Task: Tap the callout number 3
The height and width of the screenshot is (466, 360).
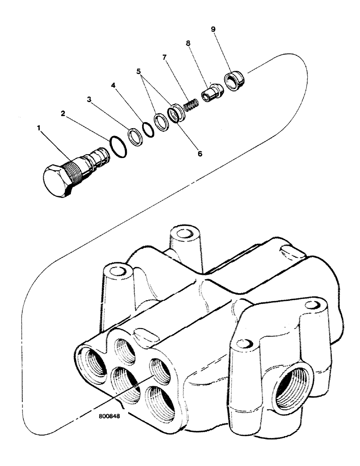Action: tap(89, 99)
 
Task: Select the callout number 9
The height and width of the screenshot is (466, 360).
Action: tap(213, 29)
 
